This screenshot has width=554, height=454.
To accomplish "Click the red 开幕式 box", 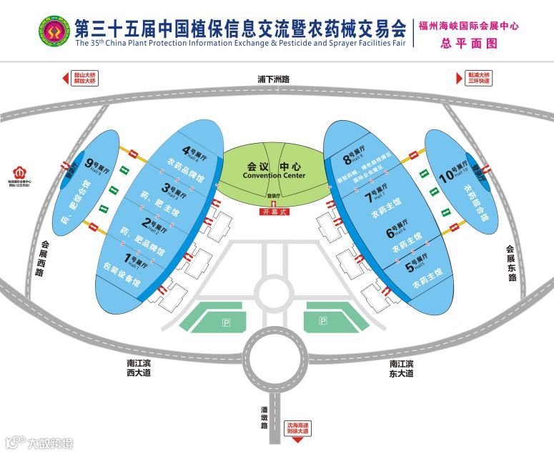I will (273, 212).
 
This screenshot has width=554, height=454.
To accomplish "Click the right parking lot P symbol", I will (322, 322).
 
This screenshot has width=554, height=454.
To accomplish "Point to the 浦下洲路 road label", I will (277, 80).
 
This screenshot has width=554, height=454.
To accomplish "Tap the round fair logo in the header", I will (54, 31).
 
